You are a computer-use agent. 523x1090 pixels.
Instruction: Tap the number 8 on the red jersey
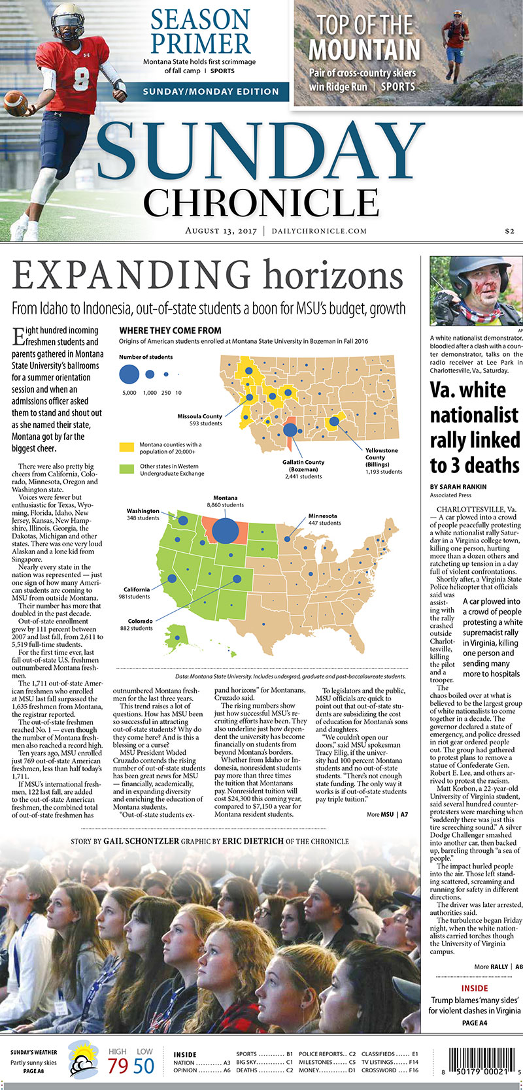pos(80,78)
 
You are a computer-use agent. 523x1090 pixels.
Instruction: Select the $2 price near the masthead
pos(510,231)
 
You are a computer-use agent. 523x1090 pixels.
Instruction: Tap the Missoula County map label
pos(200,420)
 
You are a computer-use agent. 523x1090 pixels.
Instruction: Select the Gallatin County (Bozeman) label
pos(304,469)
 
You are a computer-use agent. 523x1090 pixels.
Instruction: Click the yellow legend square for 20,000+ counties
pos(126,448)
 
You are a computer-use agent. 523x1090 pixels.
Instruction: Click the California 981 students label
pos(137,593)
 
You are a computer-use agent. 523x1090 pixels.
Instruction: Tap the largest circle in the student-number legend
pos(129,374)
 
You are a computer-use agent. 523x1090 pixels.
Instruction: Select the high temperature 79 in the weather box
pos(118,1066)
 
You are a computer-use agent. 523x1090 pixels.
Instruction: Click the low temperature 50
pos(144,1066)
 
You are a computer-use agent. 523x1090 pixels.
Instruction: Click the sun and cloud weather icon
pos(84,1059)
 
